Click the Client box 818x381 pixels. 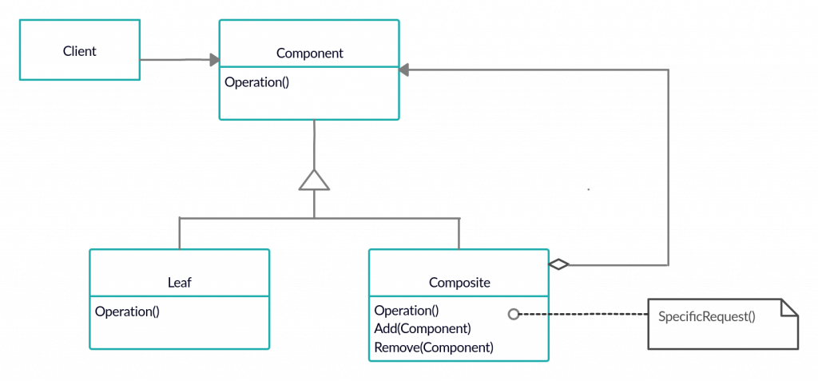coord(79,50)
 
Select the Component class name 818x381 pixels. coord(309,54)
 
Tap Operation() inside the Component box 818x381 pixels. coord(256,81)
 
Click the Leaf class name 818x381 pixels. coord(179,282)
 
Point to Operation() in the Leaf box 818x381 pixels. coord(127,312)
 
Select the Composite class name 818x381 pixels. coord(459,282)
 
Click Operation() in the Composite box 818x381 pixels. coord(407,311)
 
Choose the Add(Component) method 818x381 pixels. coord(422,329)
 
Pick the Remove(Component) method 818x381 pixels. coord(433,347)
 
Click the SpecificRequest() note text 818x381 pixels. coord(706,316)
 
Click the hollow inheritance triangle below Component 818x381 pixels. coord(314,180)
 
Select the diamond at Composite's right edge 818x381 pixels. coord(558,264)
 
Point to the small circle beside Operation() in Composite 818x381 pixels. coord(514,314)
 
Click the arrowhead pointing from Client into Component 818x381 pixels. coord(214,60)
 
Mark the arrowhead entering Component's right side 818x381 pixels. coord(404,70)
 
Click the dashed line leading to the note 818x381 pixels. coord(583,315)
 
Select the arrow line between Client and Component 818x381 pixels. coord(176,60)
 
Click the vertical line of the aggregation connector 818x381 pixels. coord(668,168)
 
